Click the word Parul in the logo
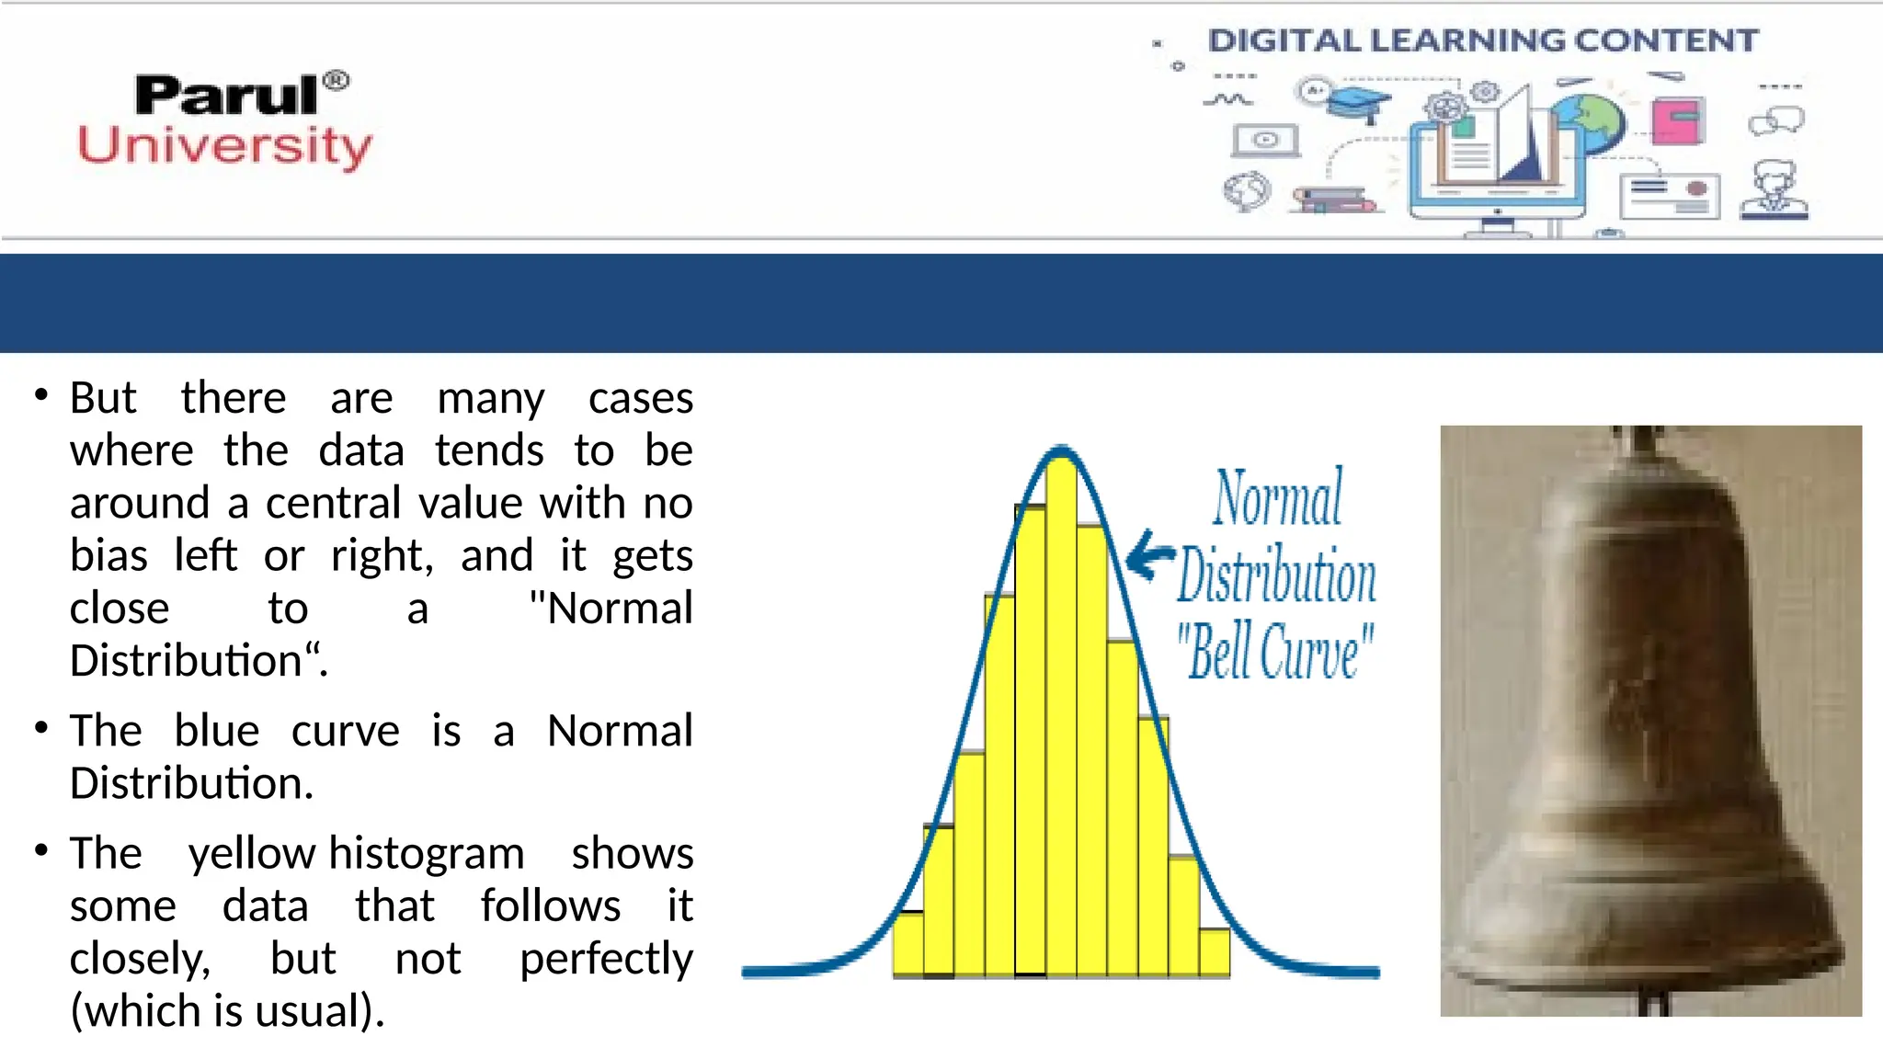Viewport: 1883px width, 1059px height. tap(226, 96)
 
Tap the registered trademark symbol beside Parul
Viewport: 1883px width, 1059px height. tap(337, 81)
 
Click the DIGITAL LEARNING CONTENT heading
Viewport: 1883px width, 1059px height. tap(1482, 40)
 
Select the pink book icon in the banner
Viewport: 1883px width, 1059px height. tap(1677, 120)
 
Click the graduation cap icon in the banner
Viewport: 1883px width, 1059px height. tap(1359, 101)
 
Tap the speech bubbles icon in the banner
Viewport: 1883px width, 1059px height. tap(1776, 120)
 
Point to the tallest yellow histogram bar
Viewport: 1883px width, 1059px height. tap(1061, 717)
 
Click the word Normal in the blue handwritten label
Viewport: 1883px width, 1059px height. tap(1277, 498)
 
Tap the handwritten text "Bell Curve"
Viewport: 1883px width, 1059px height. tap(1275, 652)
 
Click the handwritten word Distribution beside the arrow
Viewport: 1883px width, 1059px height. tap(1277, 575)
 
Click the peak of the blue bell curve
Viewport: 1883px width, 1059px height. tap(1061, 450)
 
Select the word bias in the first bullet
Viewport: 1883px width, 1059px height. tap(108, 555)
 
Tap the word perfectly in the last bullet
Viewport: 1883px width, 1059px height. tap(606, 959)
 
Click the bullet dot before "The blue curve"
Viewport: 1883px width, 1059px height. tap(40, 728)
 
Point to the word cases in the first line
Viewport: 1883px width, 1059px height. tap(640, 398)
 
